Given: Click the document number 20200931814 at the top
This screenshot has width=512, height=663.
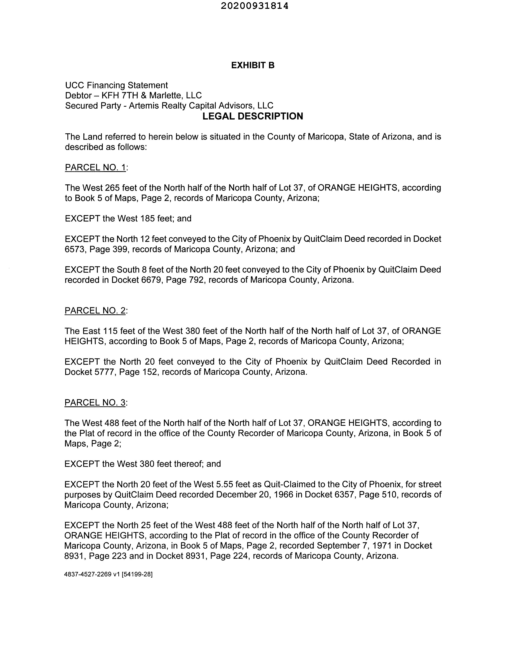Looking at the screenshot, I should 254,6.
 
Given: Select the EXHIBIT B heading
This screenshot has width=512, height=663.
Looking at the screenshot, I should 253,65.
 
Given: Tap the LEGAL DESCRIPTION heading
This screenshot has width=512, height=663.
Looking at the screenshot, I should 252,116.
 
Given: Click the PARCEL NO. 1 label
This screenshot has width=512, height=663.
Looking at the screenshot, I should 95,167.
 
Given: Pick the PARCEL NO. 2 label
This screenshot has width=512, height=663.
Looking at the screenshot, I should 95,310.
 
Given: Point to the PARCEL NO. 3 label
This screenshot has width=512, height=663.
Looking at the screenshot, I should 95,403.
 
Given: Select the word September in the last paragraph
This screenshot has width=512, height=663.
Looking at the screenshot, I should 336,545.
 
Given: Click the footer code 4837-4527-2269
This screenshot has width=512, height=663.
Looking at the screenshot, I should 88,574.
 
